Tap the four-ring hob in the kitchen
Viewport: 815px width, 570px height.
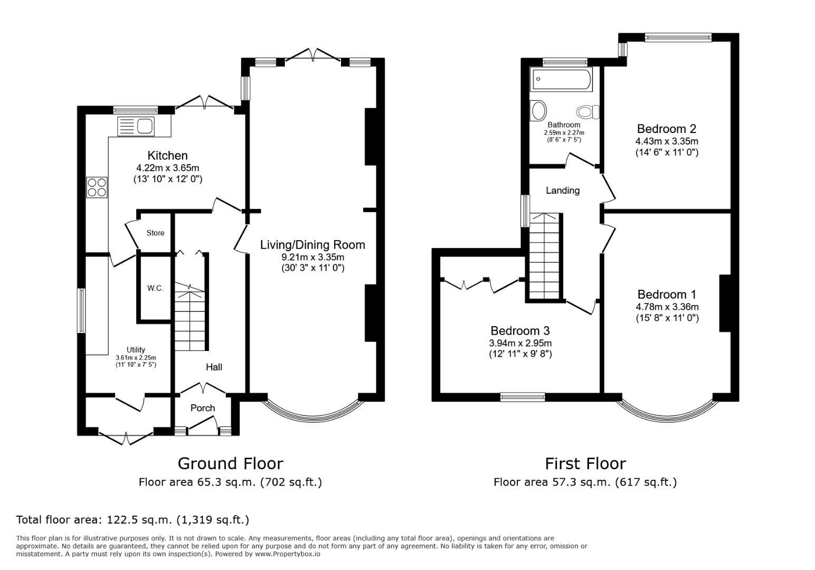click(x=97, y=187)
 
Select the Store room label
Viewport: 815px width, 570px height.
click(x=155, y=233)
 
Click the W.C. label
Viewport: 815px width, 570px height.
click(x=155, y=288)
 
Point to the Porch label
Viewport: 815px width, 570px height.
click(x=203, y=408)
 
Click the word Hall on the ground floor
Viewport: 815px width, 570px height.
click(x=214, y=367)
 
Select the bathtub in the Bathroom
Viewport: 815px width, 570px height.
click(x=562, y=80)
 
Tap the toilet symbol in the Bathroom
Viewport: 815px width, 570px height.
click(x=587, y=112)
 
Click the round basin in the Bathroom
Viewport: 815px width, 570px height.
click(x=539, y=111)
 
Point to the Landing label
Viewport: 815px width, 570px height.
click(x=563, y=191)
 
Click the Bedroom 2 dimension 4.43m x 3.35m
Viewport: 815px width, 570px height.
click(x=666, y=141)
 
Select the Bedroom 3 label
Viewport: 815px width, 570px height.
click(x=520, y=331)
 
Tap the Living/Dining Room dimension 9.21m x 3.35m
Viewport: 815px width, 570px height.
click(x=312, y=257)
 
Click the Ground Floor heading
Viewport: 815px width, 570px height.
click(x=230, y=463)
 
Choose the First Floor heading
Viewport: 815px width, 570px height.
click(x=585, y=463)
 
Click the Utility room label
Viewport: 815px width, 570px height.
click(x=136, y=349)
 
